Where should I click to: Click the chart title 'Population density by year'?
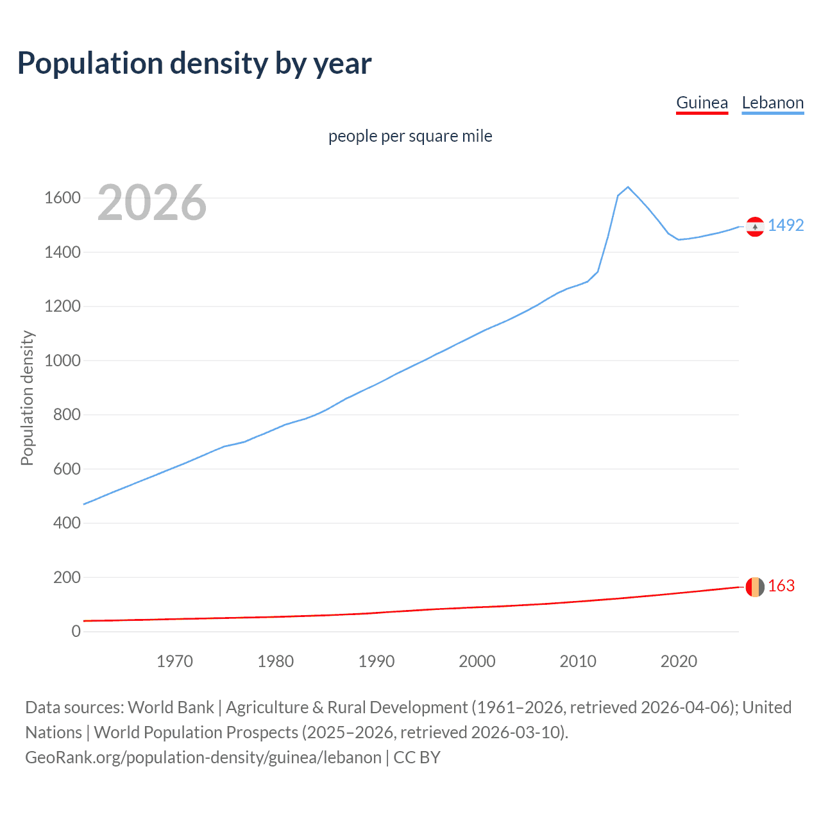click(194, 63)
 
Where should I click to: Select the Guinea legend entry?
click(702, 103)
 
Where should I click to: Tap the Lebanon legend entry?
click(772, 103)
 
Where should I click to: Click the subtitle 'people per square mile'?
click(410, 136)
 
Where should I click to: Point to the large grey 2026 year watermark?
click(152, 203)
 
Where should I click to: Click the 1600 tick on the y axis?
click(62, 198)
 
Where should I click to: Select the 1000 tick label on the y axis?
click(62, 360)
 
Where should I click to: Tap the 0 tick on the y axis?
click(76, 631)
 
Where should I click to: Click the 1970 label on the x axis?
click(174, 661)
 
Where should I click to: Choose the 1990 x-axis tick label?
click(377, 661)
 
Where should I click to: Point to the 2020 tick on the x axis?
click(679, 661)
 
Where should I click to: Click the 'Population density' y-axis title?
click(27, 398)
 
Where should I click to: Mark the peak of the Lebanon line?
click(628, 187)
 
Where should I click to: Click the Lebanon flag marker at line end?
click(755, 226)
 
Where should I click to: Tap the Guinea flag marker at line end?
click(755, 587)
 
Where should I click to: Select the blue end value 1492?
click(786, 225)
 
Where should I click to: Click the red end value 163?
click(781, 586)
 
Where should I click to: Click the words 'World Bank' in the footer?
click(171, 707)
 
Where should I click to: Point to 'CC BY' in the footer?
click(417, 758)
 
